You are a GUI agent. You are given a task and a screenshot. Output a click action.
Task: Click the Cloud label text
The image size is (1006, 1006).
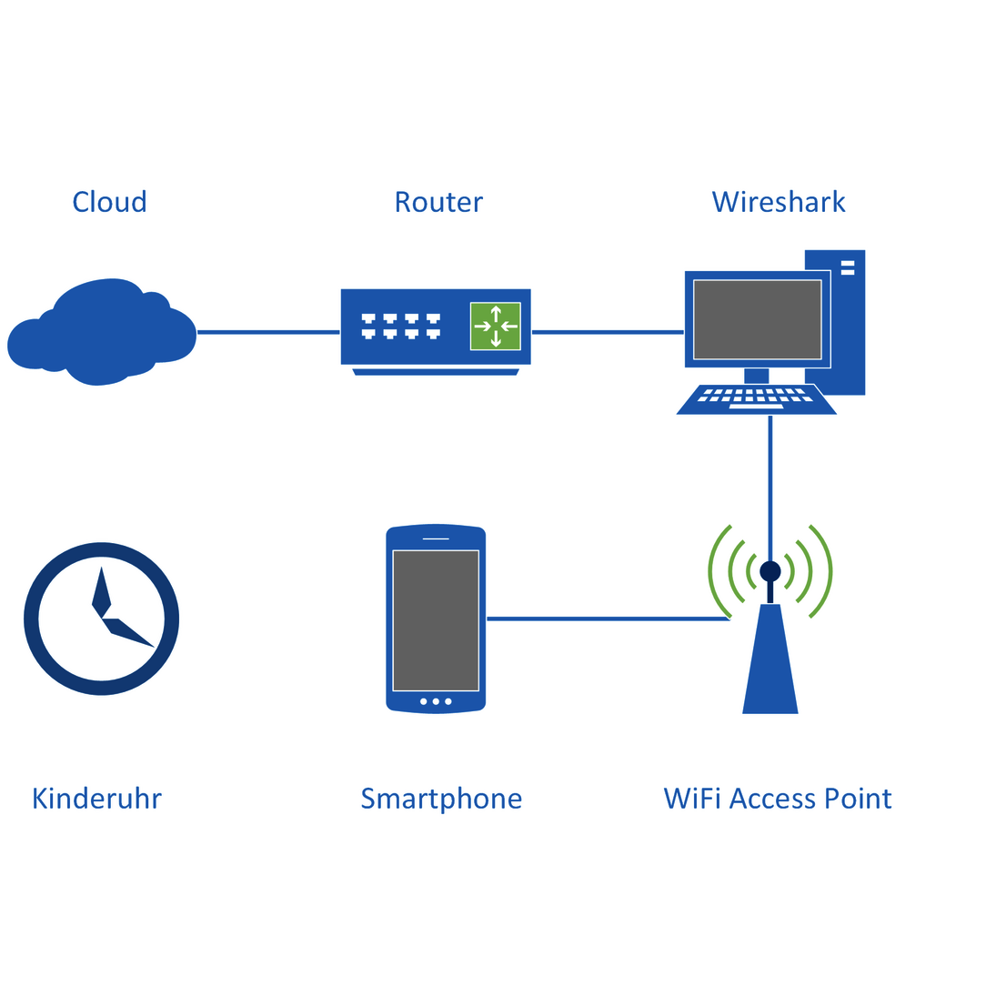coord(109,202)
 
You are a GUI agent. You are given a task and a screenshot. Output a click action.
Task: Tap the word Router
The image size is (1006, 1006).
coord(438,202)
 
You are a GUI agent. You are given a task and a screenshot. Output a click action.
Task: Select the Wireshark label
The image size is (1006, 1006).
coord(779,202)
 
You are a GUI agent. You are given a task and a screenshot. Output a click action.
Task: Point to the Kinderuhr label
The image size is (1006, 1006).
coord(96,799)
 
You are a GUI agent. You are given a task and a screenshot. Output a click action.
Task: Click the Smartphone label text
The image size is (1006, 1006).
coord(441,799)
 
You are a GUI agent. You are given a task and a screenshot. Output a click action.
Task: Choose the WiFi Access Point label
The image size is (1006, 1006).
coord(778,799)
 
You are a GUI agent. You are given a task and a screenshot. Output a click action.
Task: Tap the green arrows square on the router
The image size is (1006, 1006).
coord(495,326)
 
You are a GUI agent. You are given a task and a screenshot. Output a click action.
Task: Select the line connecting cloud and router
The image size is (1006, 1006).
coord(268,332)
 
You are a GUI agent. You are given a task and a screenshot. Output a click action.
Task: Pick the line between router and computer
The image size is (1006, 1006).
coord(608,332)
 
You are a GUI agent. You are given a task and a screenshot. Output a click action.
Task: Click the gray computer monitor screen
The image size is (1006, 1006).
coord(757,319)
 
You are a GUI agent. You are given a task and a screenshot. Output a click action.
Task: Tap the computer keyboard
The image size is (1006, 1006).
coord(755,399)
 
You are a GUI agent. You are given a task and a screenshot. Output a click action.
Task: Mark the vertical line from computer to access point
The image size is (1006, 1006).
coord(770,482)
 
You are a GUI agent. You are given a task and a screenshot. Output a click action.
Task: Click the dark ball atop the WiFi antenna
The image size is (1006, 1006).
coord(770,571)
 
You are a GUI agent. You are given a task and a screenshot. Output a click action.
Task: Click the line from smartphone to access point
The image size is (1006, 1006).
coord(608,619)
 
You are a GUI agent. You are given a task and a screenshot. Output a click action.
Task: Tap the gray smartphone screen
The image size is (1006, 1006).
coord(436,620)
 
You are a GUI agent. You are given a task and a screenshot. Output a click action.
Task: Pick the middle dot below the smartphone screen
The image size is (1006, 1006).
coord(436,701)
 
